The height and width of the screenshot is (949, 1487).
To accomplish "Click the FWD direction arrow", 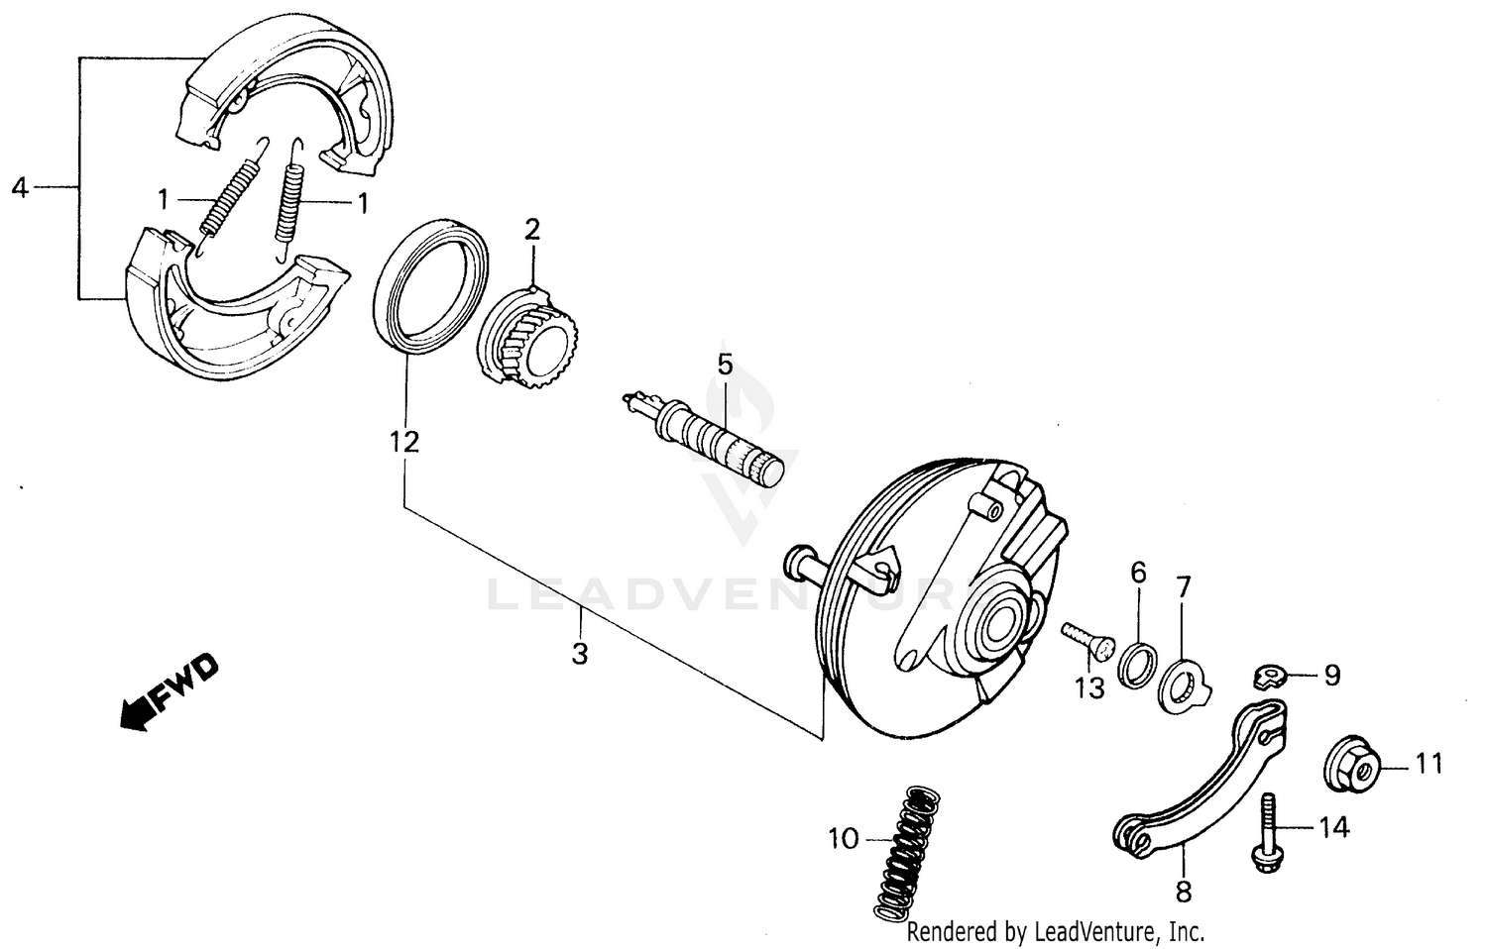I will (x=167, y=693).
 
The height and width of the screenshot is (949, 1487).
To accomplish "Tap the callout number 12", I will (x=403, y=442).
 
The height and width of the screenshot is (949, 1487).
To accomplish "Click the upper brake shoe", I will (x=287, y=84).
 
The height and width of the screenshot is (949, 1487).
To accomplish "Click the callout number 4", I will (x=20, y=186).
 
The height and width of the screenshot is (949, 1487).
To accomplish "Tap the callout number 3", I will (x=580, y=654).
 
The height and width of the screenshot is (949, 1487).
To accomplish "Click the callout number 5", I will (x=725, y=365).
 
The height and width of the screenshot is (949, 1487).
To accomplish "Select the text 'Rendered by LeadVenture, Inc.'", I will (x=1056, y=931).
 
